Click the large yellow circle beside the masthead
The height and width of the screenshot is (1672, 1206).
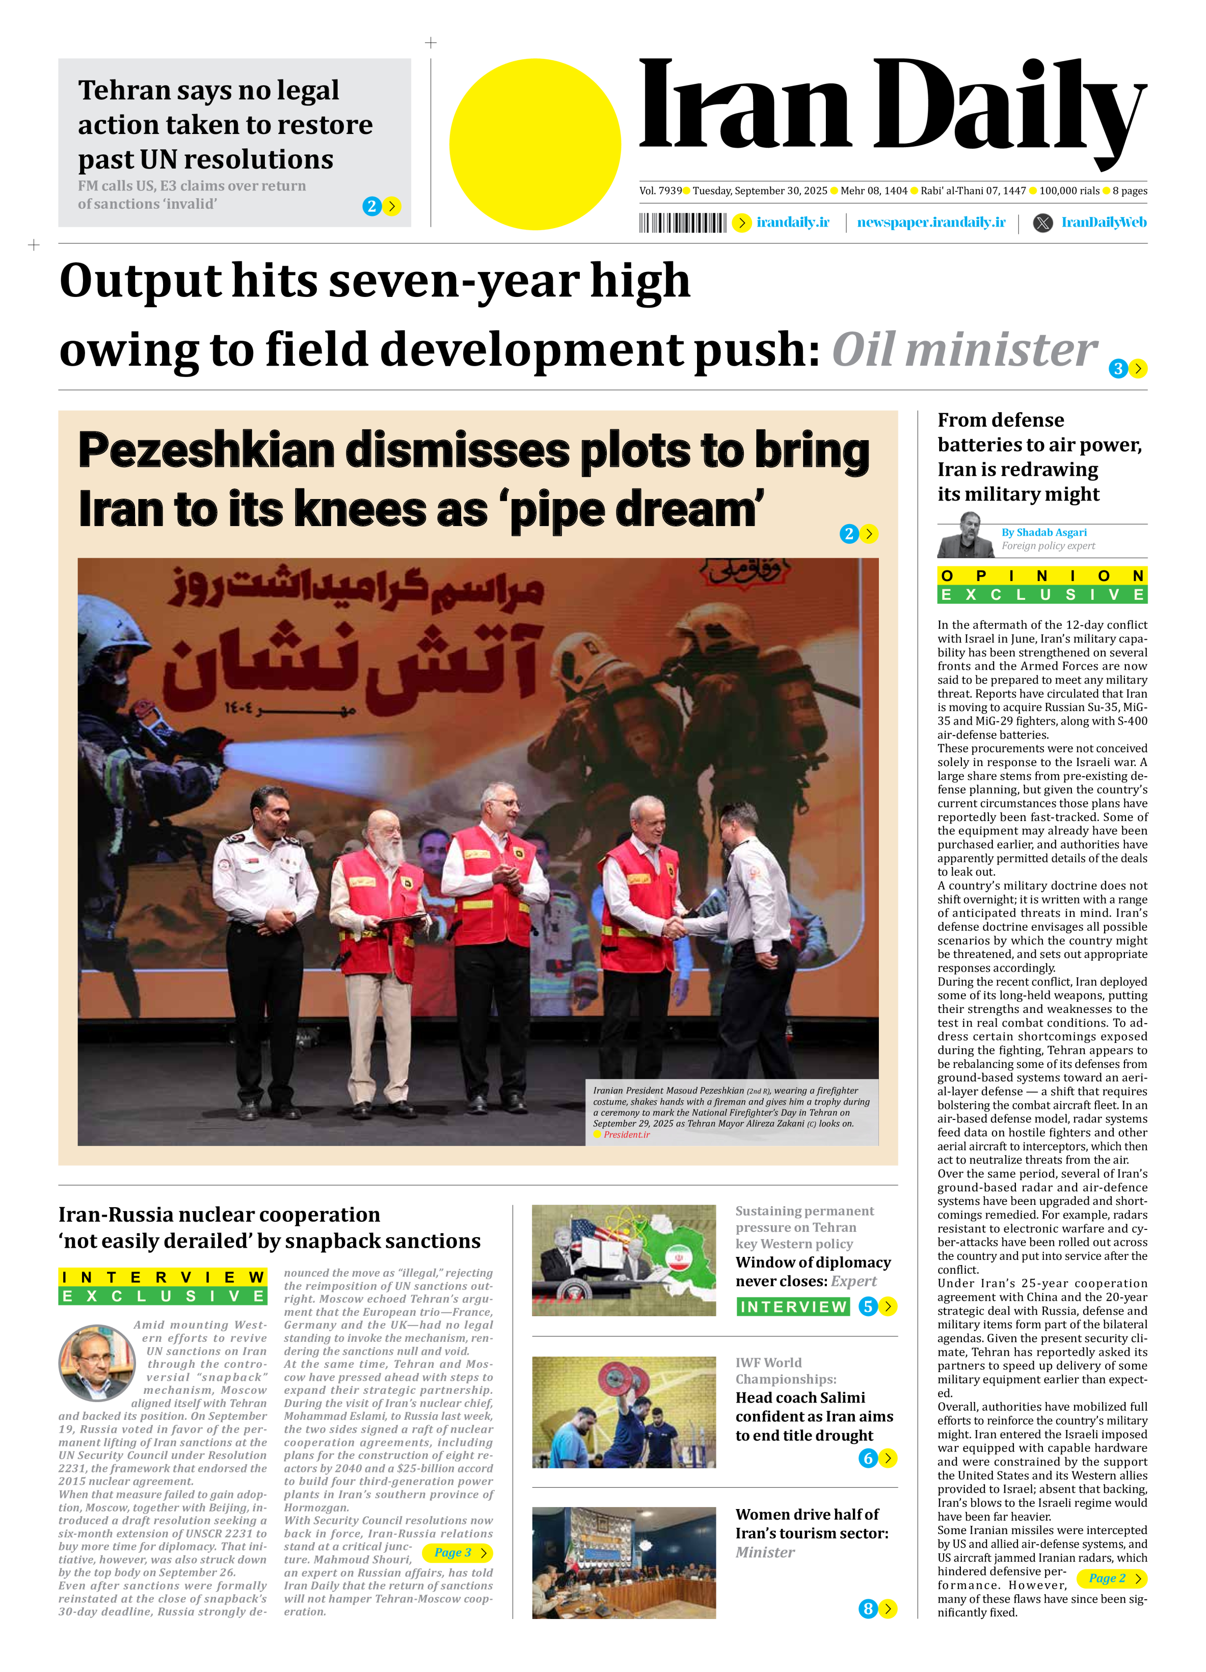click(535, 145)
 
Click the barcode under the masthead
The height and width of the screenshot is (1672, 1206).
click(682, 223)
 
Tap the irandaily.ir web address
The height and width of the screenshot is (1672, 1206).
click(793, 223)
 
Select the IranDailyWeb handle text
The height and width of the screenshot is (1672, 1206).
click(1103, 223)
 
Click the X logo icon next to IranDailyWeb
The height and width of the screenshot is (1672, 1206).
click(1042, 223)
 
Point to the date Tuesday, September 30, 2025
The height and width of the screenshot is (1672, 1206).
click(760, 191)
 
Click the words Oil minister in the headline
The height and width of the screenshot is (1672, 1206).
click(964, 350)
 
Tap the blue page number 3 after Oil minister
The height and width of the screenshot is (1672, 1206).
click(1118, 369)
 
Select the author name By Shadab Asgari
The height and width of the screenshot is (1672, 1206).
click(1044, 532)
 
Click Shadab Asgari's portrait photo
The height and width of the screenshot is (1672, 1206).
click(966, 536)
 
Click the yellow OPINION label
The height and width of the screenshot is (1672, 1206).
click(1042, 576)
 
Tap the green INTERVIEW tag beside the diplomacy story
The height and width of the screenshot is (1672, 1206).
click(793, 1307)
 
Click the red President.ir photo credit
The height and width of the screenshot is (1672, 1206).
click(626, 1134)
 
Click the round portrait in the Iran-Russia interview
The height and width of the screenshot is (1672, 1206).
click(96, 1363)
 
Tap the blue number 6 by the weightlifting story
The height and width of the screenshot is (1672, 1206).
click(867, 1458)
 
